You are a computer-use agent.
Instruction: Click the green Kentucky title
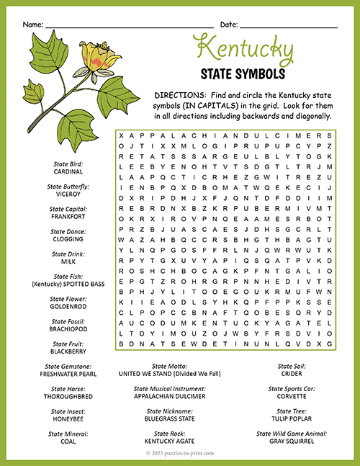pyautogui.click(x=244, y=50)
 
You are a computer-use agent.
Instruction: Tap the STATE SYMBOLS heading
pyautogui.click(x=244, y=73)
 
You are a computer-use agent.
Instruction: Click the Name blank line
pyautogui.click(x=130, y=26)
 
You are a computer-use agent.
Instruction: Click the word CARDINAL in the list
pyautogui.click(x=68, y=171)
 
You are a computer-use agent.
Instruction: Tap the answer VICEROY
pyautogui.click(x=68, y=194)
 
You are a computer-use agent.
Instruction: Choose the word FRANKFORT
pyautogui.click(x=68, y=216)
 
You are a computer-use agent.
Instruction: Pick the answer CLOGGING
pyautogui.click(x=68, y=239)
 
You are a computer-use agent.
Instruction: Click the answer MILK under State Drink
pyautogui.click(x=68, y=261)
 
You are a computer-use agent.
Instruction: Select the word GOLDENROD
pyautogui.click(x=68, y=307)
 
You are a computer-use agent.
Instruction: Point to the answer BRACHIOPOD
pyautogui.click(x=68, y=329)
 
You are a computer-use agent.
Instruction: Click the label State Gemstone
pyautogui.click(x=68, y=366)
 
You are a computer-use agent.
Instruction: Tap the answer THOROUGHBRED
pyautogui.click(x=68, y=397)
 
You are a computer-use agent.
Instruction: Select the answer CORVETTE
pyautogui.click(x=291, y=397)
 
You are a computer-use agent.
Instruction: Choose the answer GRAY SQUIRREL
pyautogui.click(x=291, y=442)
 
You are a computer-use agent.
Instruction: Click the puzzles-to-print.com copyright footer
pyautogui.click(x=179, y=453)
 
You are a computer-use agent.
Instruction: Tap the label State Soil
pyautogui.click(x=291, y=366)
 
